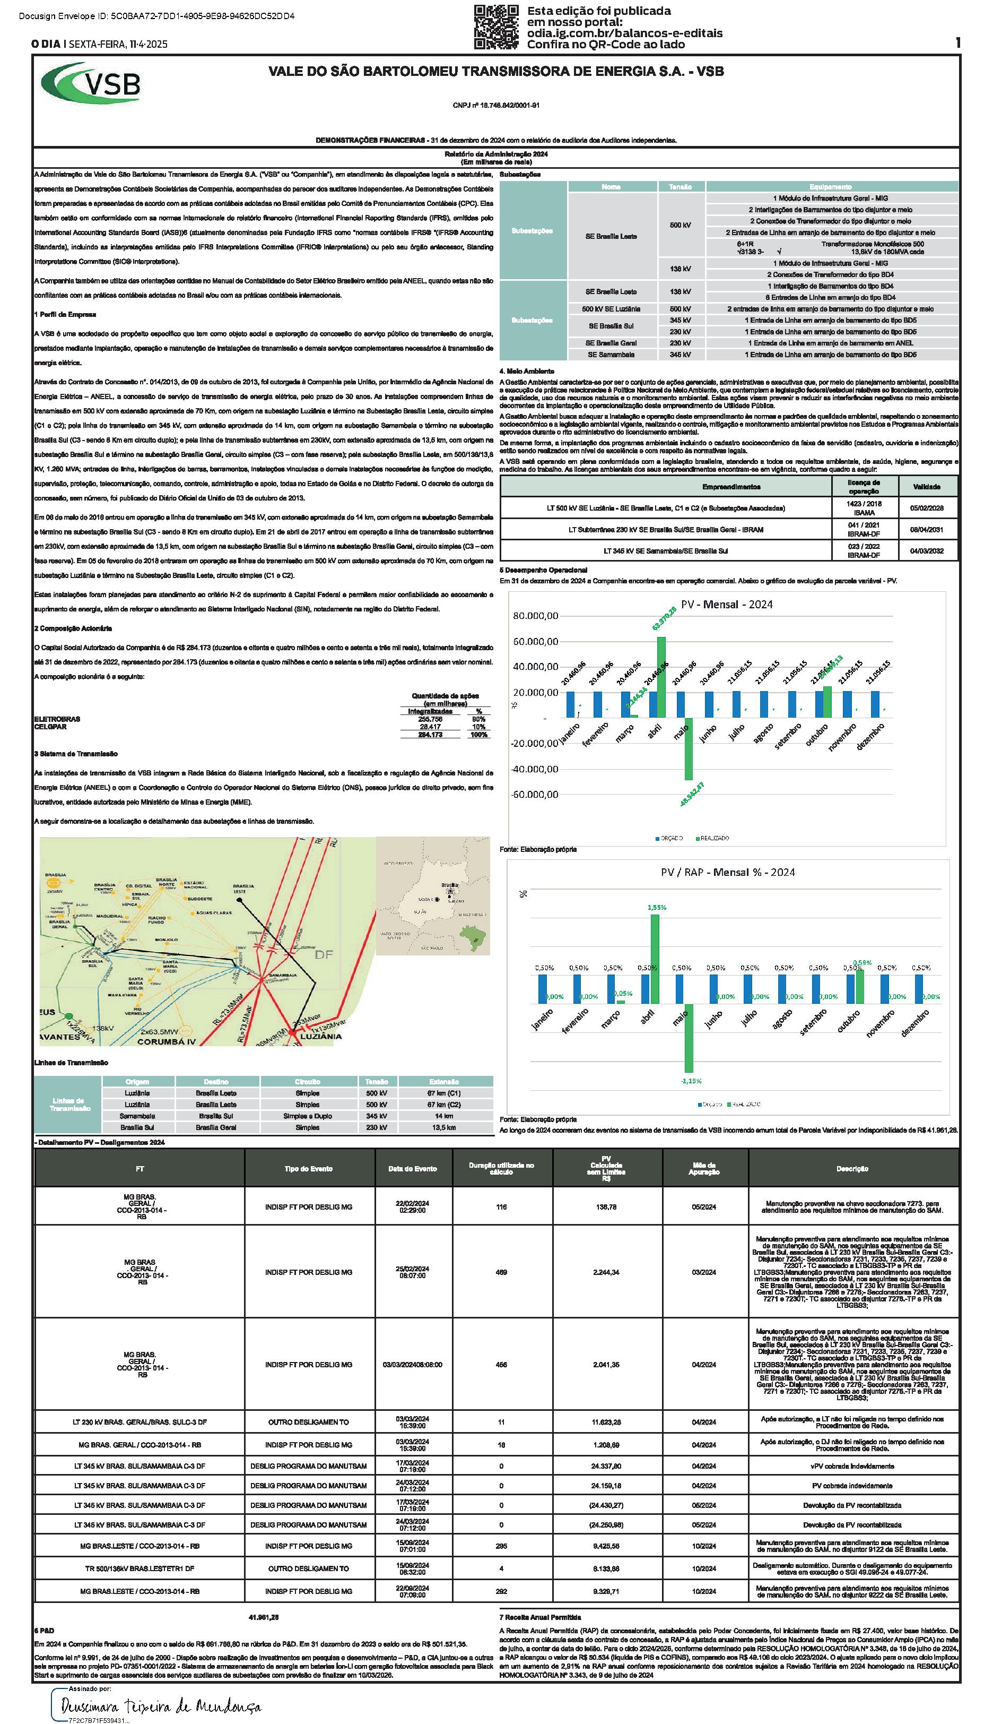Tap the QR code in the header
pyautogui.click(x=496, y=27)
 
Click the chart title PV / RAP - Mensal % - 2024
pyautogui.click(x=727, y=872)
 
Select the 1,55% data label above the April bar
pyautogui.click(x=656, y=907)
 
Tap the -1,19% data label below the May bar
pyautogui.click(x=690, y=1080)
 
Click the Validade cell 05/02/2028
pyautogui.click(x=926, y=508)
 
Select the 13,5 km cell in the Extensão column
pyautogui.click(x=444, y=1127)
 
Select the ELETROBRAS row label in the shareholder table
pyautogui.click(x=57, y=719)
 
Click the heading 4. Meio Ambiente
pyautogui.click(x=527, y=371)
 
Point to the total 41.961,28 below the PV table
pyautogui.click(x=265, y=1617)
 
